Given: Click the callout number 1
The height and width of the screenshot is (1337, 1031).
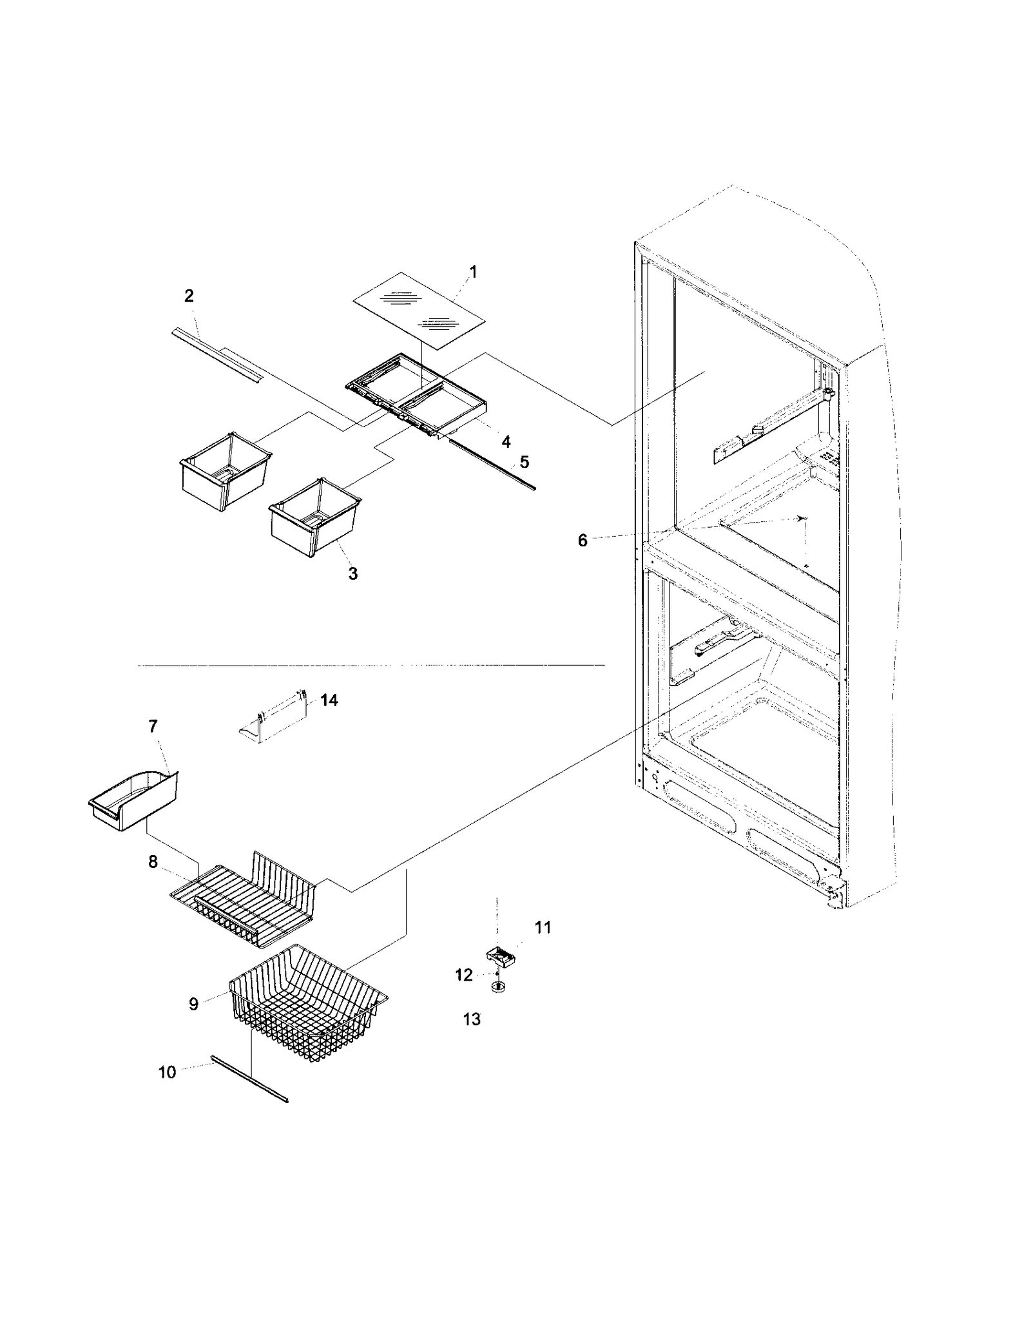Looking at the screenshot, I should click(x=473, y=272).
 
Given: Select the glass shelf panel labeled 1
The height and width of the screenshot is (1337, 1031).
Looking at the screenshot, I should click(x=419, y=310).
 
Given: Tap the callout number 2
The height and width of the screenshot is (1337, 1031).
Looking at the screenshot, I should click(x=189, y=296).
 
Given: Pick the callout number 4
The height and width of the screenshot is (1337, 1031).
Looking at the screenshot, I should click(x=506, y=441).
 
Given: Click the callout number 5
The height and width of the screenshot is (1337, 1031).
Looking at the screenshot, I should click(x=524, y=462).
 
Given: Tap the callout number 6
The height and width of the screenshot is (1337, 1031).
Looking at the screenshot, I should click(x=583, y=541).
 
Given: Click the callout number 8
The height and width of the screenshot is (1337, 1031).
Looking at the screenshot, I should click(x=153, y=861).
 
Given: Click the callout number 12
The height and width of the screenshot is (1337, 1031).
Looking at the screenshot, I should click(x=464, y=975).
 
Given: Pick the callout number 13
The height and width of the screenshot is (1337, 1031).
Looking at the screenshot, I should click(x=472, y=1019).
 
